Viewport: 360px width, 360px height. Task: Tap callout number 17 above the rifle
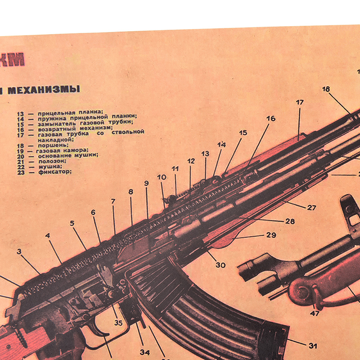pyautogui.click(x=300, y=103)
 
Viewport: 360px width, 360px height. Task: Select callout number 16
pyautogui.click(x=270, y=119)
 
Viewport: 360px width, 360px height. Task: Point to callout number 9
pyautogui.click(x=146, y=183)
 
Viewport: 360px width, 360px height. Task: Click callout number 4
pyautogui.click(x=48, y=235)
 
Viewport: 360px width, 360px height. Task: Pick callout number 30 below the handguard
pyautogui.click(x=220, y=265)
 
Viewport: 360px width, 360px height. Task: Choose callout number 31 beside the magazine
pyautogui.click(x=313, y=346)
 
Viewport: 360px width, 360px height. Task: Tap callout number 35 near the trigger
pyautogui.click(x=118, y=322)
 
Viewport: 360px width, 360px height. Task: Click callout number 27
pyautogui.click(x=311, y=208)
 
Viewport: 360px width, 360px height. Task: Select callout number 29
pyautogui.click(x=271, y=235)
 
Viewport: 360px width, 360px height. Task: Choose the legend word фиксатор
pyautogui.click(x=55, y=171)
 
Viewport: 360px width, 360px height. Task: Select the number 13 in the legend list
pyautogui.click(x=20, y=113)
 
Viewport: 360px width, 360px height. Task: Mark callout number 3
pyautogui.click(x=19, y=252)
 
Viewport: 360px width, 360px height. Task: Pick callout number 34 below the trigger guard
pyautogui.click(x=144, y=352)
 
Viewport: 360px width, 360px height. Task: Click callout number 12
pyautogui.click(x=191, y=161)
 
